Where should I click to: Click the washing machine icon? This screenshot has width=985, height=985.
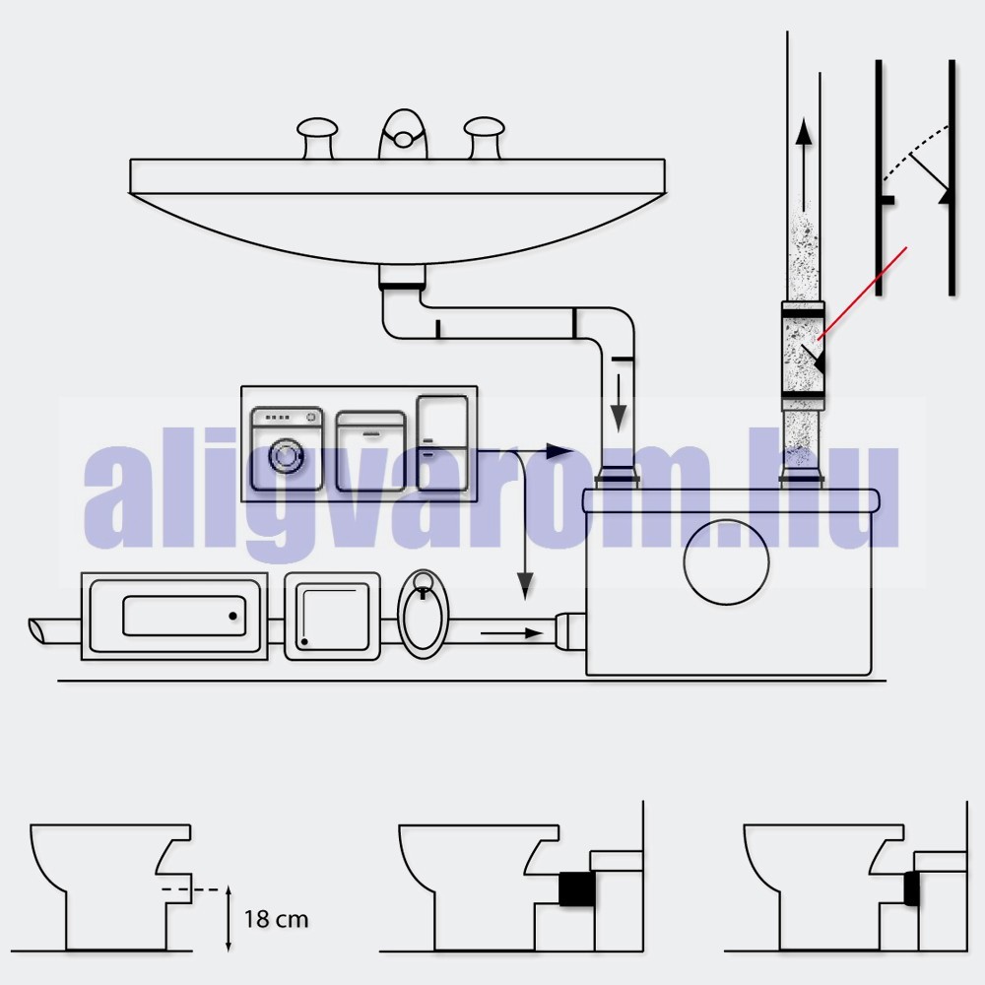click(287, 448)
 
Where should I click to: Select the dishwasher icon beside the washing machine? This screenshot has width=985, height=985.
click(370, 450)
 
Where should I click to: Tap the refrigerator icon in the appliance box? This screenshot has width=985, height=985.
click(442, 442)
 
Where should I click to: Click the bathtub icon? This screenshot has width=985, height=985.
click(174, 617)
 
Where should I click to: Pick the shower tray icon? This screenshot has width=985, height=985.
click(332, 617)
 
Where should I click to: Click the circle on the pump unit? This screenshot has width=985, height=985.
click(726, 561)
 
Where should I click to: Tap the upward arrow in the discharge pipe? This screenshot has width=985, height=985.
click(805, 165)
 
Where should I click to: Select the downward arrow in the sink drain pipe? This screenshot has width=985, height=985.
click(620, 403)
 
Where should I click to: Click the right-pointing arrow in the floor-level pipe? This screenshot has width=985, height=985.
click(512, 633)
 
